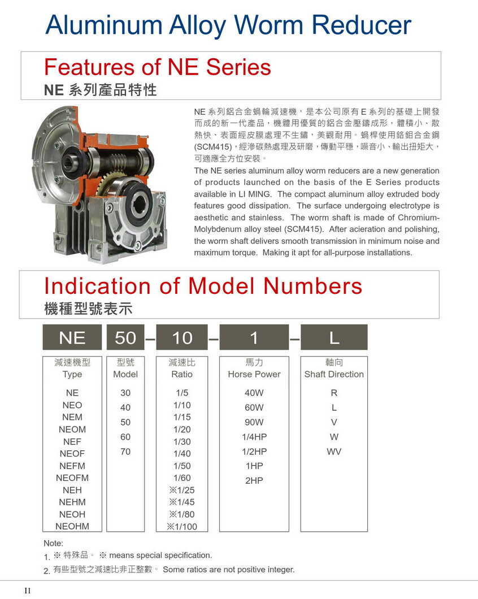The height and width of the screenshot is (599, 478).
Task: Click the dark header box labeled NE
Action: click(72, 337)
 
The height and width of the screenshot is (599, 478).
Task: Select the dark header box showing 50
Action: click(125, 337)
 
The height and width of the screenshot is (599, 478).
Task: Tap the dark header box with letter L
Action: click(334, 337)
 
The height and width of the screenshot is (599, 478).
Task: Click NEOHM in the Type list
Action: click(72, 526)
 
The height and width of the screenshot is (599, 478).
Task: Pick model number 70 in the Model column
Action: click(125, 452)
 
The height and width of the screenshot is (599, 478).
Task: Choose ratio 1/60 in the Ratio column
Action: click(182, 478)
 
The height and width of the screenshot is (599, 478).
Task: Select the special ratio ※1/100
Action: click(182, 527)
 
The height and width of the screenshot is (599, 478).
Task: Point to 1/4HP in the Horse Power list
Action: click(254, 437)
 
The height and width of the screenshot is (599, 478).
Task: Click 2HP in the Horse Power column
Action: click(254, 480)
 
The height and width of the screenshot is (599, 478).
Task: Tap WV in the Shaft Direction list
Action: click(334, 452)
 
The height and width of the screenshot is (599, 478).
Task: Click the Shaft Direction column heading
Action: click(334, 374)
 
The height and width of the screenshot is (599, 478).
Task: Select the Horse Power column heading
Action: click(254, 374)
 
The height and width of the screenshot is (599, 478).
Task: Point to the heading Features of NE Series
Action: click(158, 67)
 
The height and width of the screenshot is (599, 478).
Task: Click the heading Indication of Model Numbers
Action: click(203, 286)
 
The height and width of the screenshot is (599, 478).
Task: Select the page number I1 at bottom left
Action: click(28, 591)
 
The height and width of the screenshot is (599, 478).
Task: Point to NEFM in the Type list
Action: click(72, 466)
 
